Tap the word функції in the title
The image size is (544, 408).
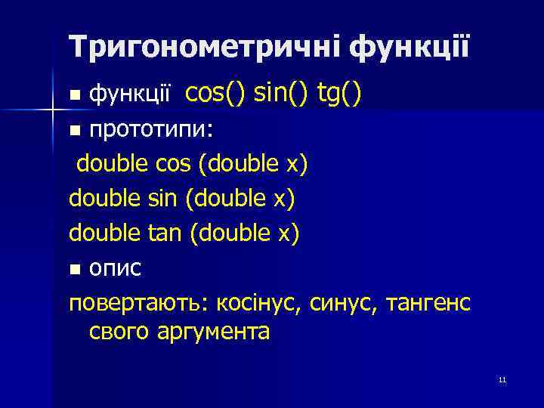(409, 48)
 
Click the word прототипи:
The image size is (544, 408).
(152, 129)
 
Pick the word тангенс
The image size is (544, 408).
(428, 303)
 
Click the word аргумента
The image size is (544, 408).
(214, 332)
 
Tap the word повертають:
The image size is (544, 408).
(139, 303)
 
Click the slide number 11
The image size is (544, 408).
(502, 380)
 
